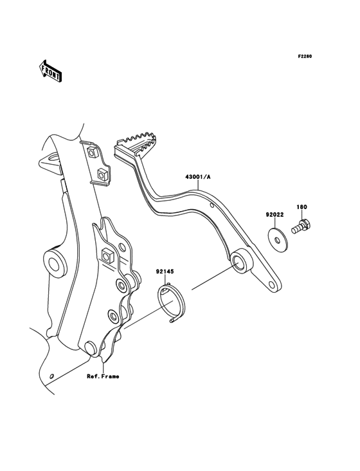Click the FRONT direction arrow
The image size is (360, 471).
point(50,71)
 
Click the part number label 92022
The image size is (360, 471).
point(274,215)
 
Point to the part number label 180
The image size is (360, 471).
point(301,207)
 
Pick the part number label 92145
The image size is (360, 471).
point(165,272)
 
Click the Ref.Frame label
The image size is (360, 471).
point(103,376)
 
